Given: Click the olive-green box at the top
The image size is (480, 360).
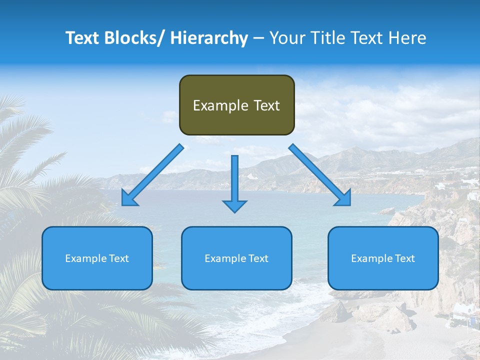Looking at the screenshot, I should tap(236, 105).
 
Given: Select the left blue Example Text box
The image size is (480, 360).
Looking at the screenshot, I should tap(97, 258).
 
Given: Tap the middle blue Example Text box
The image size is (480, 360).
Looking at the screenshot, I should tap(236, 258).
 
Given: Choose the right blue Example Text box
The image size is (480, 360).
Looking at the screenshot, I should tap(383, 258).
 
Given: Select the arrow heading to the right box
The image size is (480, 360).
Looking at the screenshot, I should tap(320, 175).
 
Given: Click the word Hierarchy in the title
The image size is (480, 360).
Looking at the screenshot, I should tap(208, 38).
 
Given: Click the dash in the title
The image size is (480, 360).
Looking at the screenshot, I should tap(258, 38).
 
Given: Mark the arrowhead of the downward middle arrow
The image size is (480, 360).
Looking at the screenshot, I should tap(234, 205).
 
